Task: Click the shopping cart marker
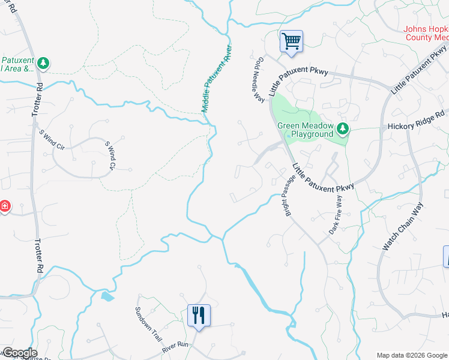coord(291,42)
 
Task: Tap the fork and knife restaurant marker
coord(199,316)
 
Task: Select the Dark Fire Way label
coord(336,214)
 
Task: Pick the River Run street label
coord(175,347)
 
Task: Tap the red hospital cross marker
coord(4,206)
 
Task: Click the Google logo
coord(19,353)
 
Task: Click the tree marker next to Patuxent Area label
coord(43,62)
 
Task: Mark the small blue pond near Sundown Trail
coord(107,296)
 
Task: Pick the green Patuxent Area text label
coord(17,64)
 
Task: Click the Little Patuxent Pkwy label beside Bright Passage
coord(324,178)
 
